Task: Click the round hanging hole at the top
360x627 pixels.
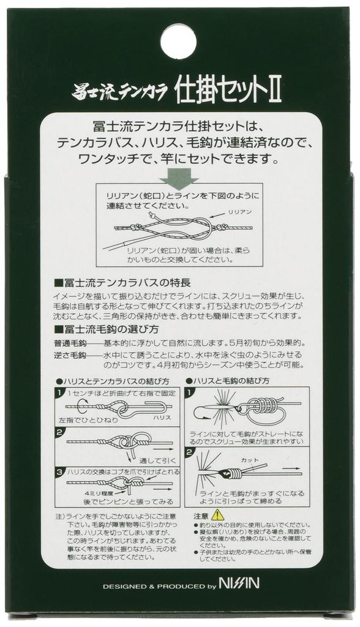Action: click(178, 41)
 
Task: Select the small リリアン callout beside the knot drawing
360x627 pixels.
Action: click(239, 211)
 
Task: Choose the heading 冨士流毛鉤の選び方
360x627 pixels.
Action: click(115, 329)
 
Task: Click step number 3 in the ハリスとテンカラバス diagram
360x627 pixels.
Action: click(59, 473)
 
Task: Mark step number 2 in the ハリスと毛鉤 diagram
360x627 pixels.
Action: click(190, 453)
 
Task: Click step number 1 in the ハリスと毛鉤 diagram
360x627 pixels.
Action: click(190, 393)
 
